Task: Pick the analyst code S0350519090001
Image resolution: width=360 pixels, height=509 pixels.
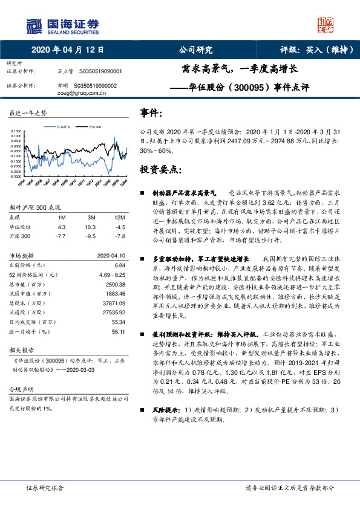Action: [97, 71]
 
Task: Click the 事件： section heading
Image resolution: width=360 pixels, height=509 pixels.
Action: [151, 113]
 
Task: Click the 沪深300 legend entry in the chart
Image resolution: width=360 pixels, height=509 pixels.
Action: [94, 128]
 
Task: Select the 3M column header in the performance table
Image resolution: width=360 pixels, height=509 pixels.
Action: [91, 217]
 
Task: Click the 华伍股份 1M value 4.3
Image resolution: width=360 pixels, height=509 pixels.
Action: [61, 227]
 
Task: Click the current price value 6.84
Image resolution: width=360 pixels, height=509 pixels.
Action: [119, 265]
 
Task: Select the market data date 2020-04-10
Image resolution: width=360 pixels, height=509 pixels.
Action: [111, 256]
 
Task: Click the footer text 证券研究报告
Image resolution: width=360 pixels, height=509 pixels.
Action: [45, 487]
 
